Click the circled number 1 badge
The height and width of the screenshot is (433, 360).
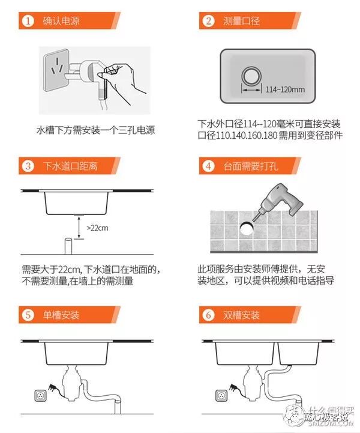coord(28,20)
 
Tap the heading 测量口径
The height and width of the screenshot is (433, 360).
coord(241,21)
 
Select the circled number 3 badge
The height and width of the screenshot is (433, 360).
coord(28,166)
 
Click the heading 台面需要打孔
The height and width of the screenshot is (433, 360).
coord(251,166)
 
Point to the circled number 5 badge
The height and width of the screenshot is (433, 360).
coord(28,315)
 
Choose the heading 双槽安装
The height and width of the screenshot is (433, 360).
coord(241,315)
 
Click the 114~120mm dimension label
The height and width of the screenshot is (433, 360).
coord(285,89)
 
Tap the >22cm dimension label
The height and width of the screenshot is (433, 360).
coord(97,228)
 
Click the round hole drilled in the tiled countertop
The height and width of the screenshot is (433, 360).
coord(246,228)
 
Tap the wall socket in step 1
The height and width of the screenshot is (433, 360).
coord(57,70)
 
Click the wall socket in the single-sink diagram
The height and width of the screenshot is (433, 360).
coord(41,396)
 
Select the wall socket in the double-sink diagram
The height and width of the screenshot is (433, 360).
coord(221,396)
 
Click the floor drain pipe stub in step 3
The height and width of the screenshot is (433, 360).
coord(68,246)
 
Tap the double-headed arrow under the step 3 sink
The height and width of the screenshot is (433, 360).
coord(79,227)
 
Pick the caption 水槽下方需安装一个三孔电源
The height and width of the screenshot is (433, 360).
coord(96,130)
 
